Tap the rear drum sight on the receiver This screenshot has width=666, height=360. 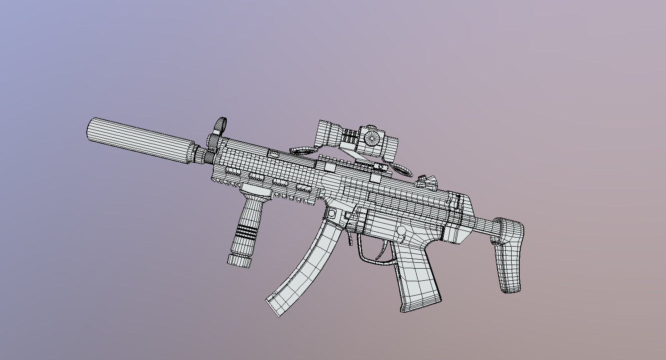click(x=425, y=181)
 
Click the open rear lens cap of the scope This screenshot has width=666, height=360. click(x=403, y=170)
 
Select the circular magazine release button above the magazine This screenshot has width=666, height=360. click(x=332, y=213)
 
